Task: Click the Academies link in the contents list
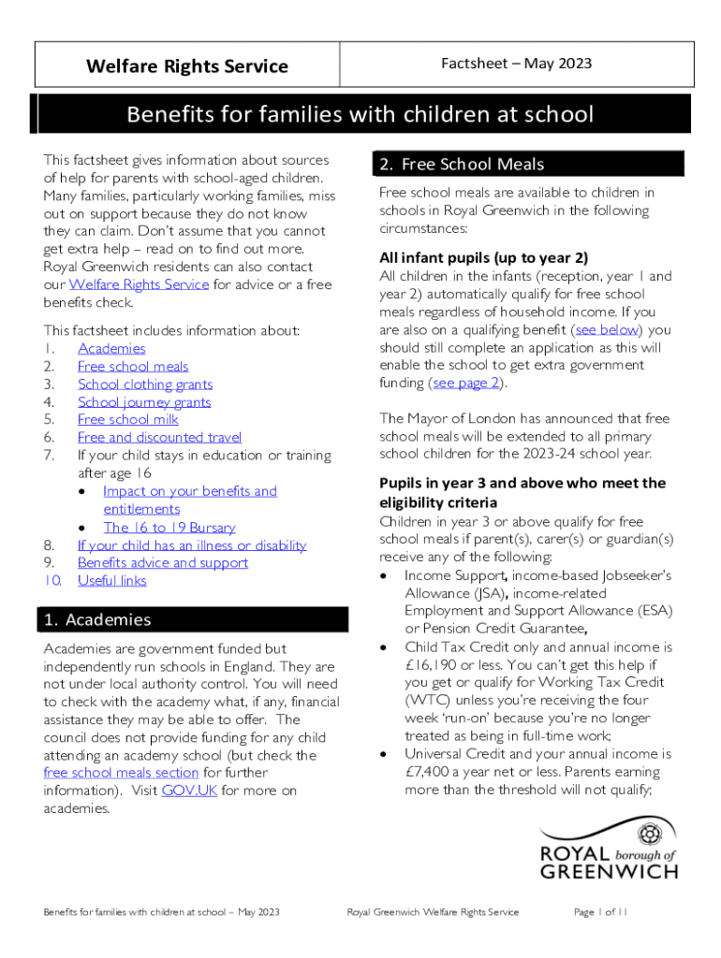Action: pos(111,348)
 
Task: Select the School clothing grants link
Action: pos(145,384)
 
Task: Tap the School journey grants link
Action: pos(144,401)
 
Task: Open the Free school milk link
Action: pos(127,419)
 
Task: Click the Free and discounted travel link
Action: pos(159,437)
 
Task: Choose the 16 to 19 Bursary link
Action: pos(169,527)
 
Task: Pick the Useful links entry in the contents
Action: pos(111,580)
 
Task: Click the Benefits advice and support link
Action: pos(163,562)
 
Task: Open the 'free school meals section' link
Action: pos(121,773)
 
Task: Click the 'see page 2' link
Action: pos(466,383)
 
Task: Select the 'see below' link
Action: pos(607,329)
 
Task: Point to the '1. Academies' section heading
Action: pos(96,619)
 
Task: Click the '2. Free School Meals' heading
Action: pos(462,165)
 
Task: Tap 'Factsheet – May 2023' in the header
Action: pos(516,64)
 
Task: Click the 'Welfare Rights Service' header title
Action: pos(187,65)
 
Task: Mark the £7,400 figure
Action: pos(430,772)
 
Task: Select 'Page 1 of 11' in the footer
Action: pos(599,912)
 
